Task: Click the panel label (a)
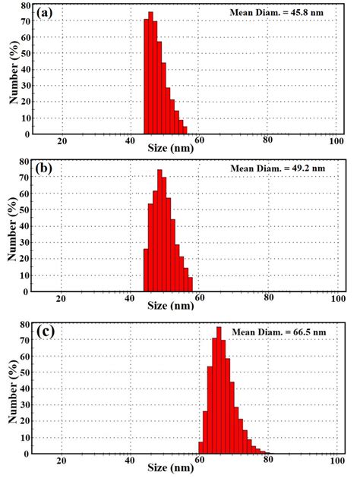pos(45,13)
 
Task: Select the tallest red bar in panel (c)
pos(219,391)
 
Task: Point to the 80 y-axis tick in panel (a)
pos(27,6)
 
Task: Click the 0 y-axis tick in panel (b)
pos(29,291)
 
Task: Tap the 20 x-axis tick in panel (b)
pos(62,297)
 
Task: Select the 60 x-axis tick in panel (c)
pos(199,461)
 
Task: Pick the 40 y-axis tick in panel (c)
pos(27,391)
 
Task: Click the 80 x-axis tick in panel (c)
pos(267,461)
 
